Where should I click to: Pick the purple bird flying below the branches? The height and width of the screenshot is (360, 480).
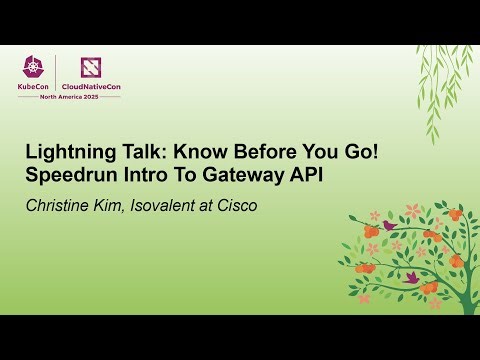pos(411,276)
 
